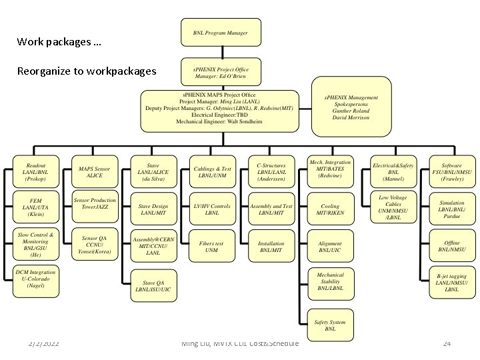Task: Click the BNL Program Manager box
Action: click(220, 33)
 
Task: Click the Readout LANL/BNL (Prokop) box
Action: click(37, 172)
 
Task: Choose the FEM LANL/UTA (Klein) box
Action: click(37, 207)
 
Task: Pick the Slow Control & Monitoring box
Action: click(37, 245)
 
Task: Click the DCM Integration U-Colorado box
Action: click(37, 279)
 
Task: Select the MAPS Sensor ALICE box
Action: click(95, 172)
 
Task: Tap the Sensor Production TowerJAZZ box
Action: click(95, 204)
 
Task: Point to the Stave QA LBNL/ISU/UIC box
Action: click(153, 285)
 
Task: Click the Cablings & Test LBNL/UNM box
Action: click(212, 172)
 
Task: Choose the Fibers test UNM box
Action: click(212, 247)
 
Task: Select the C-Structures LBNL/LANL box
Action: click(271, 172)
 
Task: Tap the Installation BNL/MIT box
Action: click(271, 247)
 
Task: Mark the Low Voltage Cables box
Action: click(393, 207)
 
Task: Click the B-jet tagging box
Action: click(451, 283)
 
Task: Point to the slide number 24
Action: click(447, 343)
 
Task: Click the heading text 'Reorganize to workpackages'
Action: click(87, 71)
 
